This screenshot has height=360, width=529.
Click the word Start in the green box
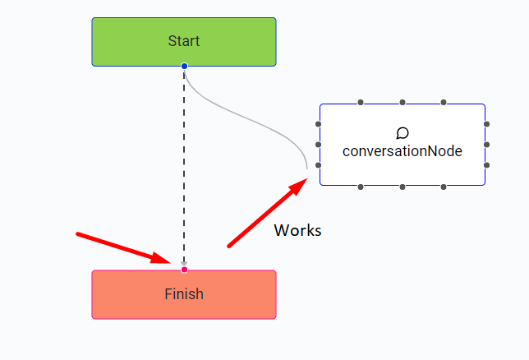pyautogui.click(x=184, y=41)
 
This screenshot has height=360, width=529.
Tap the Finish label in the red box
pyautogui.click(x=184, y=293)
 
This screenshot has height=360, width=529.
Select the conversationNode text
pyautogui.click(x=402, y=151)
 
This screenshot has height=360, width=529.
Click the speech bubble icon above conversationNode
pyautogui.click(x=402, y=133)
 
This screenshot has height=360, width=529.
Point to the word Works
pyautogui.click(x=297, y=230)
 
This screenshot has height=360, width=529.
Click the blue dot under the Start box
pyautogui.click(x=184, y=66)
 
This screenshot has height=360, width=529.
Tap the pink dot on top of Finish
pyautogui.click(x=184, y=270)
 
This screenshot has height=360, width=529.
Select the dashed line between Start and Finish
pyautogui.click(x=184, y=164)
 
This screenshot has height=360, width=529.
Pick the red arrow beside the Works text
pyautogui.click(x=267, y=214)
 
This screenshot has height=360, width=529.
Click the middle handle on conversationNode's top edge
pyautogui.click(x=402, y=103)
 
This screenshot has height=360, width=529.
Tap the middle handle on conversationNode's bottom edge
pyautogui.click(x=402, y=187)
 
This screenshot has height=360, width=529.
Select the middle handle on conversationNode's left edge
pyautogui.click(x=319, y=145)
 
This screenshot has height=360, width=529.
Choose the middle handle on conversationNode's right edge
pyautogui.click(x=486, y=145)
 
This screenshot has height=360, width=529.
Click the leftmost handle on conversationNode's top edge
pyautogui.click(x=361, y=103)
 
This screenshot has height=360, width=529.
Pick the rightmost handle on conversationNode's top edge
pyautogui.click(x=444, y=103)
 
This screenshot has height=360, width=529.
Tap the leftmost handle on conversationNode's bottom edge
pyautogui.click(x=361, y=187)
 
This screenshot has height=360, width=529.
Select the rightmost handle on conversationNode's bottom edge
pyautogui.click(x=444, y=187)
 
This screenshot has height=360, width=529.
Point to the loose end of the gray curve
pyautogui.click(x=307, y=168)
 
